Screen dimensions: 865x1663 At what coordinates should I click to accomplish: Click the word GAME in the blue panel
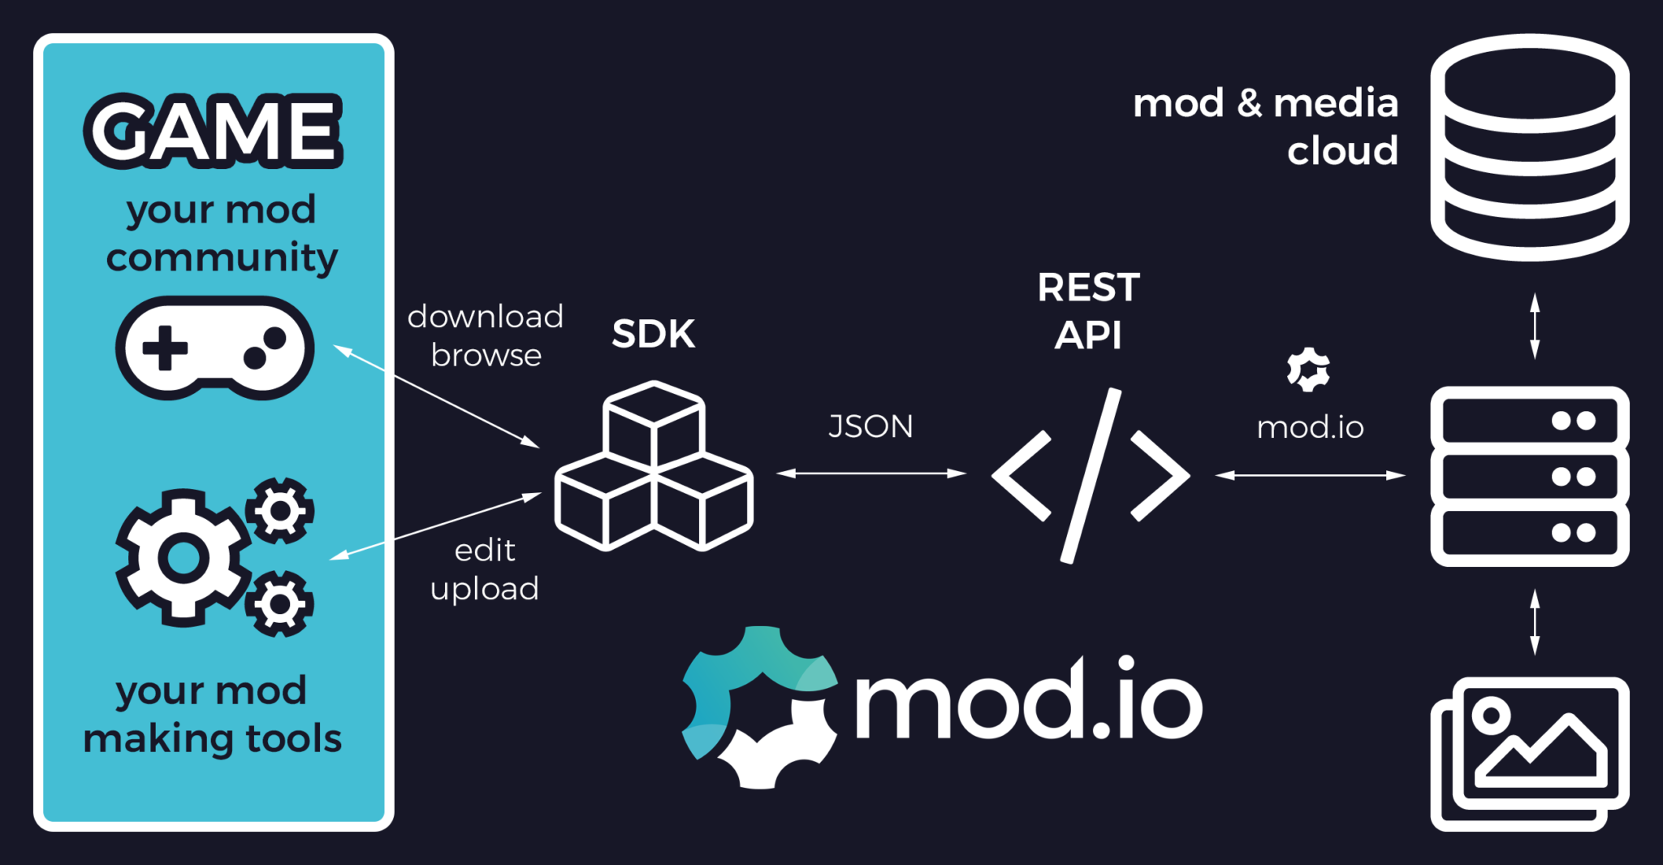point(213,131)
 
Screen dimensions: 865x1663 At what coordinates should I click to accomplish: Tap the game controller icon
point(214,348)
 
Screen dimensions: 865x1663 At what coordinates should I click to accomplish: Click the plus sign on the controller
point(165,348)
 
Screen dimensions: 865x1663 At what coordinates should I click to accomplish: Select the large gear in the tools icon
point(183,558)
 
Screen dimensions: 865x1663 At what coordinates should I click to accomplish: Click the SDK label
point(653,334)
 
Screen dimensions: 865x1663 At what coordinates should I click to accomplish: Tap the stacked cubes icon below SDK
point(654,468)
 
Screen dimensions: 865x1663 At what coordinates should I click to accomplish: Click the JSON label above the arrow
point(870,426)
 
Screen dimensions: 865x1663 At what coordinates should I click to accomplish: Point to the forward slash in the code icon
point(1091,475)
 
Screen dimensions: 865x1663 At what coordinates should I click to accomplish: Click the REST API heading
point(1088,311)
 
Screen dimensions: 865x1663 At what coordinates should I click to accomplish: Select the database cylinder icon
point(1529,147)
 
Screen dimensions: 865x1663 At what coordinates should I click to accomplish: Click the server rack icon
point(1529,477)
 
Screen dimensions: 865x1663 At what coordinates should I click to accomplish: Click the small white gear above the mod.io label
point(1308,370)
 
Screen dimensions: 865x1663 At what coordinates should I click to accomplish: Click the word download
point(485,317)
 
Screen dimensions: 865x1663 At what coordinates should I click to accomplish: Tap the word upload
point(484,589)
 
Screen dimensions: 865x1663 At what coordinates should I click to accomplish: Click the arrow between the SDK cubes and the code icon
point(870,473)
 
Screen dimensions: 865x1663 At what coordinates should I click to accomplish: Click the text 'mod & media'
point(1265,104)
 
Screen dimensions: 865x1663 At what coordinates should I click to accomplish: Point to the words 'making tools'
point(213,739)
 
